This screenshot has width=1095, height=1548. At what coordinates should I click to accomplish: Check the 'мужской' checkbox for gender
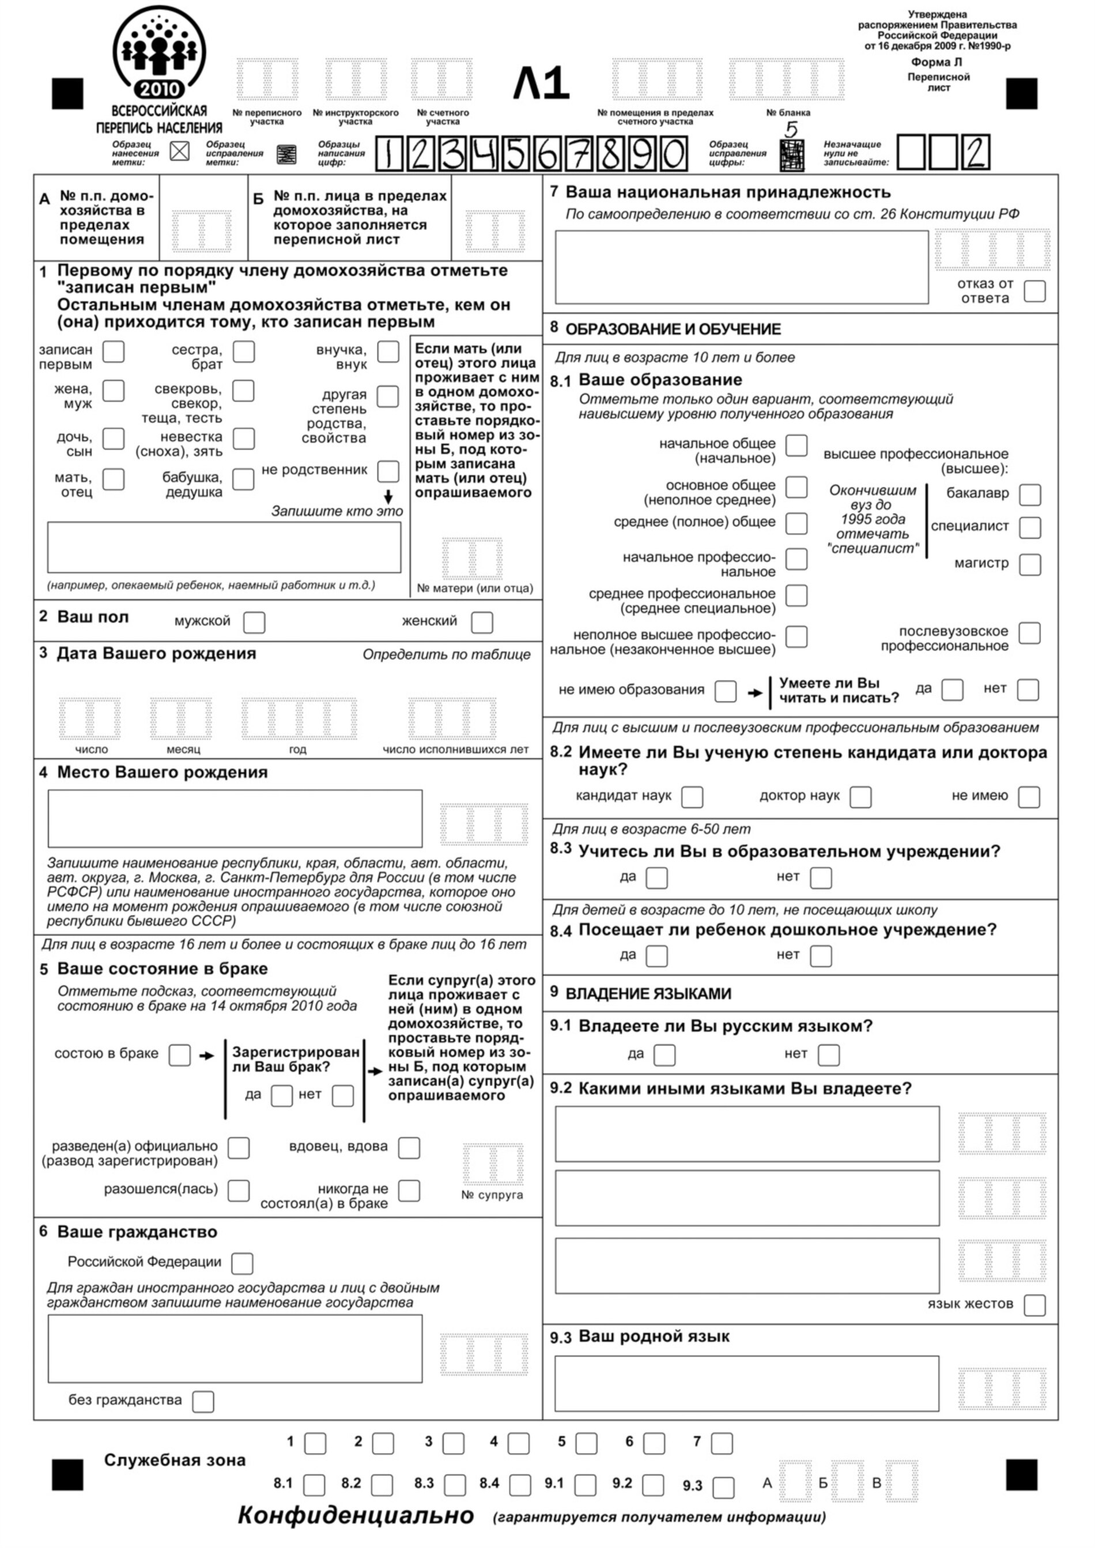pos(254,622)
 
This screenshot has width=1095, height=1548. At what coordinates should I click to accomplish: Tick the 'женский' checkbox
pos(482,622)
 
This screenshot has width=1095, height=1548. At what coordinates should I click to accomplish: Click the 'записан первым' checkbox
pos(114,352)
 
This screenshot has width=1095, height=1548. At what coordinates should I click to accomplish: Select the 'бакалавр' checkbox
pos(1030,494)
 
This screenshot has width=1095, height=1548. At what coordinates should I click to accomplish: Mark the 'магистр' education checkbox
pos(1030,565)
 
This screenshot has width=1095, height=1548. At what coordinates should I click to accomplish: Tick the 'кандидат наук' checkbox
pos(693,797)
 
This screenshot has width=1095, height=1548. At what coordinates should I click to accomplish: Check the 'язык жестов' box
pos(1034,1305)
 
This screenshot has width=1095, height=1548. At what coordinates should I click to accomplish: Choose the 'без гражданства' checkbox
pos(203,1402)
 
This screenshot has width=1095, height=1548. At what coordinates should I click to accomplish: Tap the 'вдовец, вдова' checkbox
pos(409,1148)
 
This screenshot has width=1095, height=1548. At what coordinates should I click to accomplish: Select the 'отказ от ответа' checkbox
pos(1035,292)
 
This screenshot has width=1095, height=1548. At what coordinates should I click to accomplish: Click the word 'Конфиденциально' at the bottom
pos(356,1516)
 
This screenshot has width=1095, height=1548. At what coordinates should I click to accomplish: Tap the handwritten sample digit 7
pos(579,154)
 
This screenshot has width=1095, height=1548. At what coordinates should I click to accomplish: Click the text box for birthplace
pos(235,819)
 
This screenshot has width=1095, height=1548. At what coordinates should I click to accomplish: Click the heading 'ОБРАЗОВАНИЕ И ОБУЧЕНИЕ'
pos(673,329)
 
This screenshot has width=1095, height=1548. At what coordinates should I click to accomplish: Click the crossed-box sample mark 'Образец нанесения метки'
pos(179,152)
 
